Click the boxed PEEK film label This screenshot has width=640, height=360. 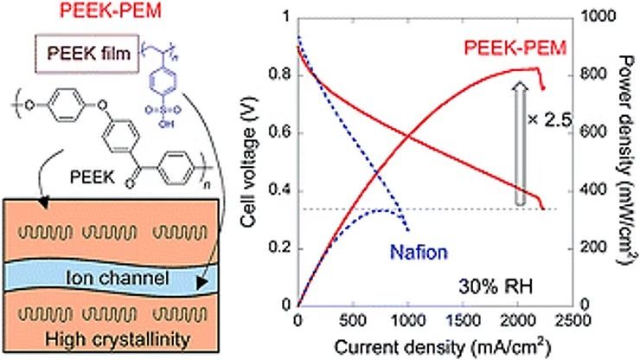pos(84,54)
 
